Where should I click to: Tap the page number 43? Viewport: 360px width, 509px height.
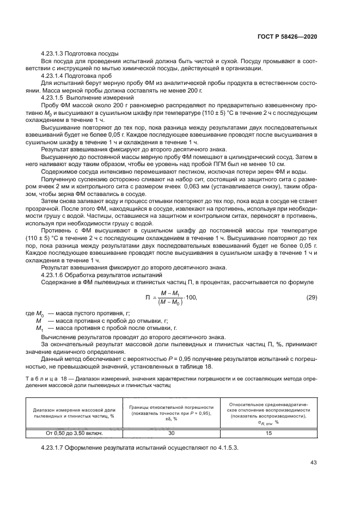pyautogui.click(x=314, y=463)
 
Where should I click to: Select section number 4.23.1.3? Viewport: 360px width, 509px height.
pyautogui.click(x=56, y=53)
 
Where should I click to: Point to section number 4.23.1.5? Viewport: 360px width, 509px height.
pyautogui.click(x=56, y=96)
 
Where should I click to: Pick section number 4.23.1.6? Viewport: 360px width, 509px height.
pyautogui.click(x=56, y=275)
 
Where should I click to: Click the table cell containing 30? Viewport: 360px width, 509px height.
pyautogui.click(x=172, y=433)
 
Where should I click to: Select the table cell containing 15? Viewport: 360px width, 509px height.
pyautogui.click(x=269, y=433)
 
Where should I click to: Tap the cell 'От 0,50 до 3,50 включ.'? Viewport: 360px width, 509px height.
pyautogui.click(x=74, y=433)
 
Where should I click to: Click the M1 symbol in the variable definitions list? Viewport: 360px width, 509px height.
pyautogui.click(x=39, y=329)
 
